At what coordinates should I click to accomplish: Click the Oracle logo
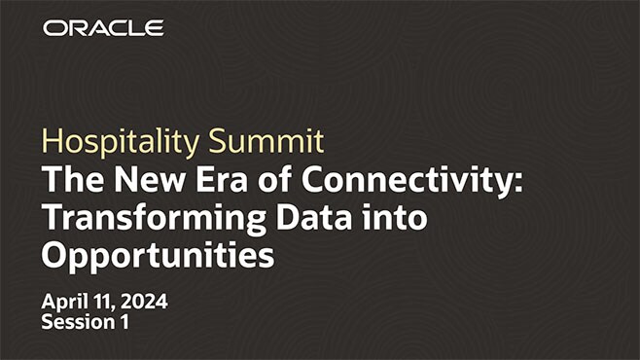pos(103,28)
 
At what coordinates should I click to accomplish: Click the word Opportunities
pos(157,256)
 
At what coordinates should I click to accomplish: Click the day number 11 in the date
pos(104,302)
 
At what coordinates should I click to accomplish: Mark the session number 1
pos(124,323)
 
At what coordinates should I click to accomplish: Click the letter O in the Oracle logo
pos(54,28)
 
